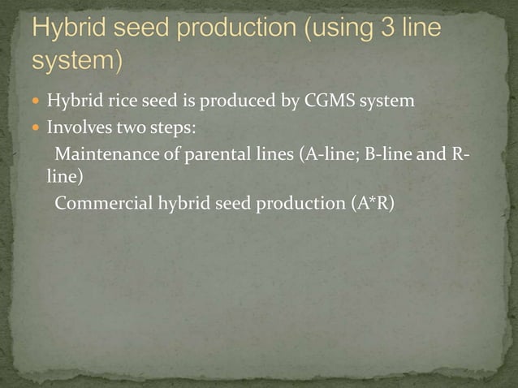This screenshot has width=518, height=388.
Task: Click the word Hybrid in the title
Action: [x=69, y=29]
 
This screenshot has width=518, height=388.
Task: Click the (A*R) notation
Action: [x=373, y=203]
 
